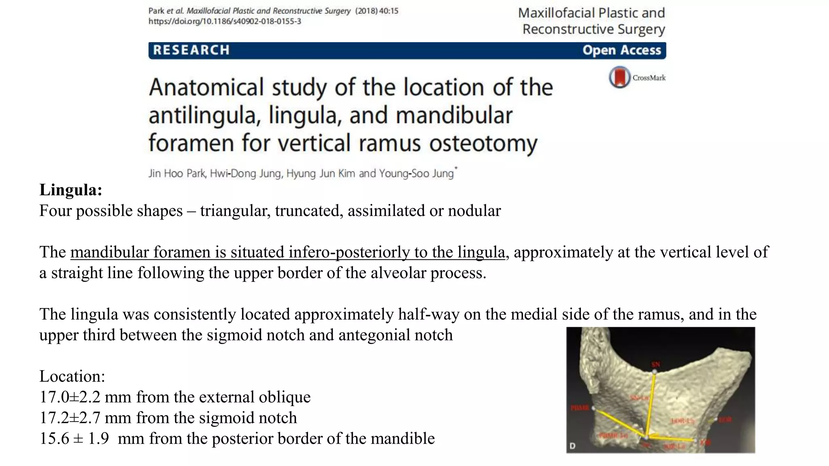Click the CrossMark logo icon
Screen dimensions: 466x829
620,77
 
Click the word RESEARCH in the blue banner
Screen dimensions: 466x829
191,50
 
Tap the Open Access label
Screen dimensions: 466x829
621,50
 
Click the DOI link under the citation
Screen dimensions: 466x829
225,21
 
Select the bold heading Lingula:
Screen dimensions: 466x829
70,190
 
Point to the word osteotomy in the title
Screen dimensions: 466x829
483,143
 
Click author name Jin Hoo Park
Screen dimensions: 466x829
177,174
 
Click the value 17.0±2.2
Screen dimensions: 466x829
70,397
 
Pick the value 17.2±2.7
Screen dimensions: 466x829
70,418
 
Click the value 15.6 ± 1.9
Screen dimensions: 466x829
74,438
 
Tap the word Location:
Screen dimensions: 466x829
72,376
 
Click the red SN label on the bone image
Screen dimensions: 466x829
656,364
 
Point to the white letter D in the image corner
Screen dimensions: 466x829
572,446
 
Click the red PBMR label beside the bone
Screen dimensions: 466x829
580,408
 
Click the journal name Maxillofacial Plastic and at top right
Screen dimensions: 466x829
591,13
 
